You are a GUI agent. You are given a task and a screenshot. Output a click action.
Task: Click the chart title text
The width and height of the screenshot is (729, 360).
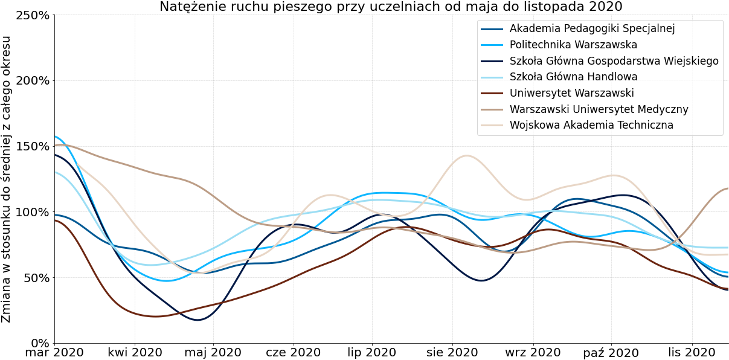pyautogui.click(x=391, y=7)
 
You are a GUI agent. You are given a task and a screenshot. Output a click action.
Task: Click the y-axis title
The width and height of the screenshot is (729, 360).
pyautogui.click(x=7, y=179)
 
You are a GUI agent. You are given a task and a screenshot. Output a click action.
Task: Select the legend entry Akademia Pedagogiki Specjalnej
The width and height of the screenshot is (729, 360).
pyautogui.click(x=592, y=28)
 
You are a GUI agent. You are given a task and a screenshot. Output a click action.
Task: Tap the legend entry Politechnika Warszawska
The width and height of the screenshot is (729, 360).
pyautogui.click(x=573, y=45)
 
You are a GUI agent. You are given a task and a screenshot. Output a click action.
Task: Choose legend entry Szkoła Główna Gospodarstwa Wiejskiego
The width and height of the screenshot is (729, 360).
pyautogui.click(x=614, y=61)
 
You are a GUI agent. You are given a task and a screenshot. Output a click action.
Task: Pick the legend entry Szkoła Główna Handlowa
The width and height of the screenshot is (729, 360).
pyautogui.click(x=573, y=77)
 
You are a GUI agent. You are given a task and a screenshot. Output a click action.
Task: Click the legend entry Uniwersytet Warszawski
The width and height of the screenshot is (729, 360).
pyautogui.click(x=571, y=93)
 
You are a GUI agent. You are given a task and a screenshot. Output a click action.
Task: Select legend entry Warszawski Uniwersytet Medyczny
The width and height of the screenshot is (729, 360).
pyautogui.click(x=599, y=109)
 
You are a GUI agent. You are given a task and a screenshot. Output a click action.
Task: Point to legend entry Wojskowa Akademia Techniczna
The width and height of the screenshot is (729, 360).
pyautogui.click(x=591, y=126)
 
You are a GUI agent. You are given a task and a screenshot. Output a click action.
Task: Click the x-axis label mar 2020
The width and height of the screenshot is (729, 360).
pyautogui.click(x=54, y=353)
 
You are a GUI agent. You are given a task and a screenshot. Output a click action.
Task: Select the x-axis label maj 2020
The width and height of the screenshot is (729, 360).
pyautogui.click(x=213, y=353)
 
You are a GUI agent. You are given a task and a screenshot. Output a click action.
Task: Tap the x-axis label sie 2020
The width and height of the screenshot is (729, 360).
pyautogui.click(x=452, y=353)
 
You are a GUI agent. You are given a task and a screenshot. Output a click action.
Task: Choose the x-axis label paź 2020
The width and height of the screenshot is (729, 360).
pyautogui.click(x=611, y=353)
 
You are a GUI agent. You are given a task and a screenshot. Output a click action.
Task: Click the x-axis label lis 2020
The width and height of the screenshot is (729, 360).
pyautogui.click(x=692, y=353)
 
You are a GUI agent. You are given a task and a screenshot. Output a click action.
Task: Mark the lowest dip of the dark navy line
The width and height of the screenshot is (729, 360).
pyautogui.click(x=198, y=320)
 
